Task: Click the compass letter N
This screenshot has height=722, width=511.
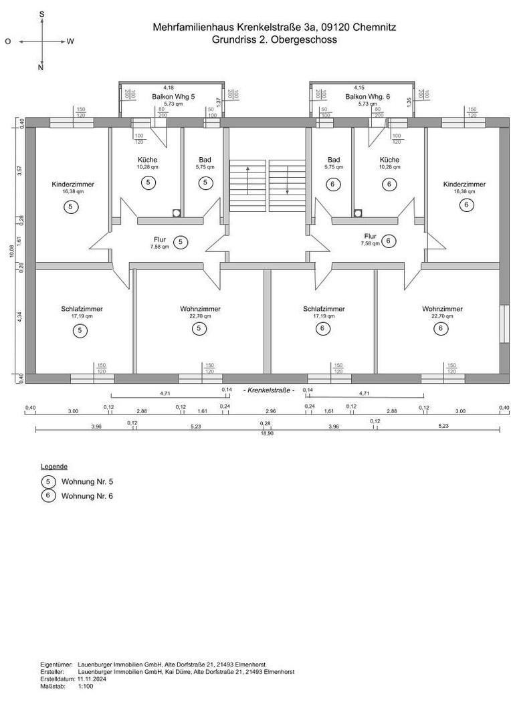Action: coord(41,68)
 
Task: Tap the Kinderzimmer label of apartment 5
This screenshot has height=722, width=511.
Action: coord(73,184)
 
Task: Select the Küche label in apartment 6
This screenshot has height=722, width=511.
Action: coord(389,160)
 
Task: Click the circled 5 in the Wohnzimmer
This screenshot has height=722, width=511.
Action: coord(200,328)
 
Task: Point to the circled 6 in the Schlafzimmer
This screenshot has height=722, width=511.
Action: coord(323,328)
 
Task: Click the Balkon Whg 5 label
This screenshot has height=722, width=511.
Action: coord(173,96)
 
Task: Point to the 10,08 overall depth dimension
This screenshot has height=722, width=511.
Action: coord(11,251)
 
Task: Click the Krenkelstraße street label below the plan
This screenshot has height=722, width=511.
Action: coord(269,389)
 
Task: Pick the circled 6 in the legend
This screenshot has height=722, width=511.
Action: coord(48,496)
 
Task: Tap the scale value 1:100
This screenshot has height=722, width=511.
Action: coord(86,686)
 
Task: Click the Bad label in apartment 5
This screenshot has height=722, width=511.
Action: coord(205,160)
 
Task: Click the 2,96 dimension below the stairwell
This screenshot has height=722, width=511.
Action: coord(271,410)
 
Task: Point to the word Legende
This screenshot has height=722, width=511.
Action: coord(54,466)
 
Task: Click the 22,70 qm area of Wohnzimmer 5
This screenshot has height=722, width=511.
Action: coord(200,316)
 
